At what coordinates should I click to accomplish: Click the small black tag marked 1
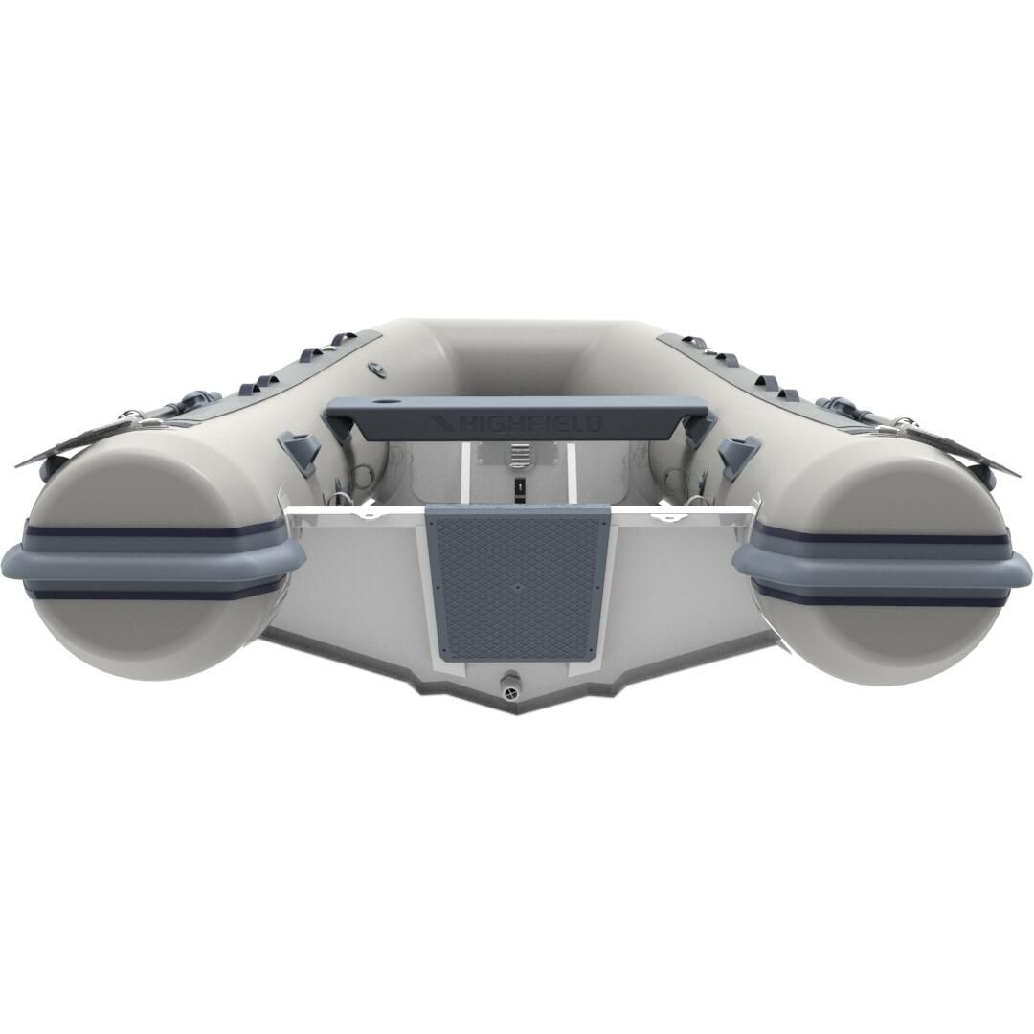[518, 486]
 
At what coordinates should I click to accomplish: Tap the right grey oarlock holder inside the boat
[737, 449]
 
